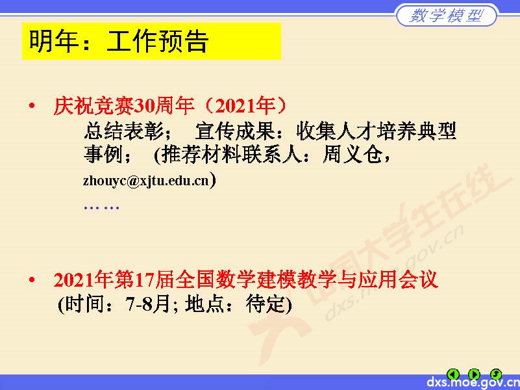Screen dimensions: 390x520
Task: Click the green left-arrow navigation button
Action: coord(454,374)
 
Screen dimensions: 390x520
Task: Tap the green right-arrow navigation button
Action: coord(475,374)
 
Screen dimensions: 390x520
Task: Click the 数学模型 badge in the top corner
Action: coord(447,16)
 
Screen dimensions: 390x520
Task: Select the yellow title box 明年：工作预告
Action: coord(151,41)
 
